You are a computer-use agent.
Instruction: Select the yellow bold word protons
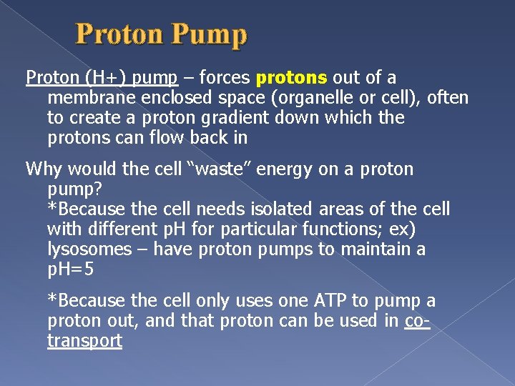(x=291, y=77)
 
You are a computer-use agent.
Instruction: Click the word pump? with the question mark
(x=74, y=189)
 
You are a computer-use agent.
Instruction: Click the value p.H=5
(x=70, y=269)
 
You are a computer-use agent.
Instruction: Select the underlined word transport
(x=84, y=341)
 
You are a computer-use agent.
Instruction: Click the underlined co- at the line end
(x=416, y=321)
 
